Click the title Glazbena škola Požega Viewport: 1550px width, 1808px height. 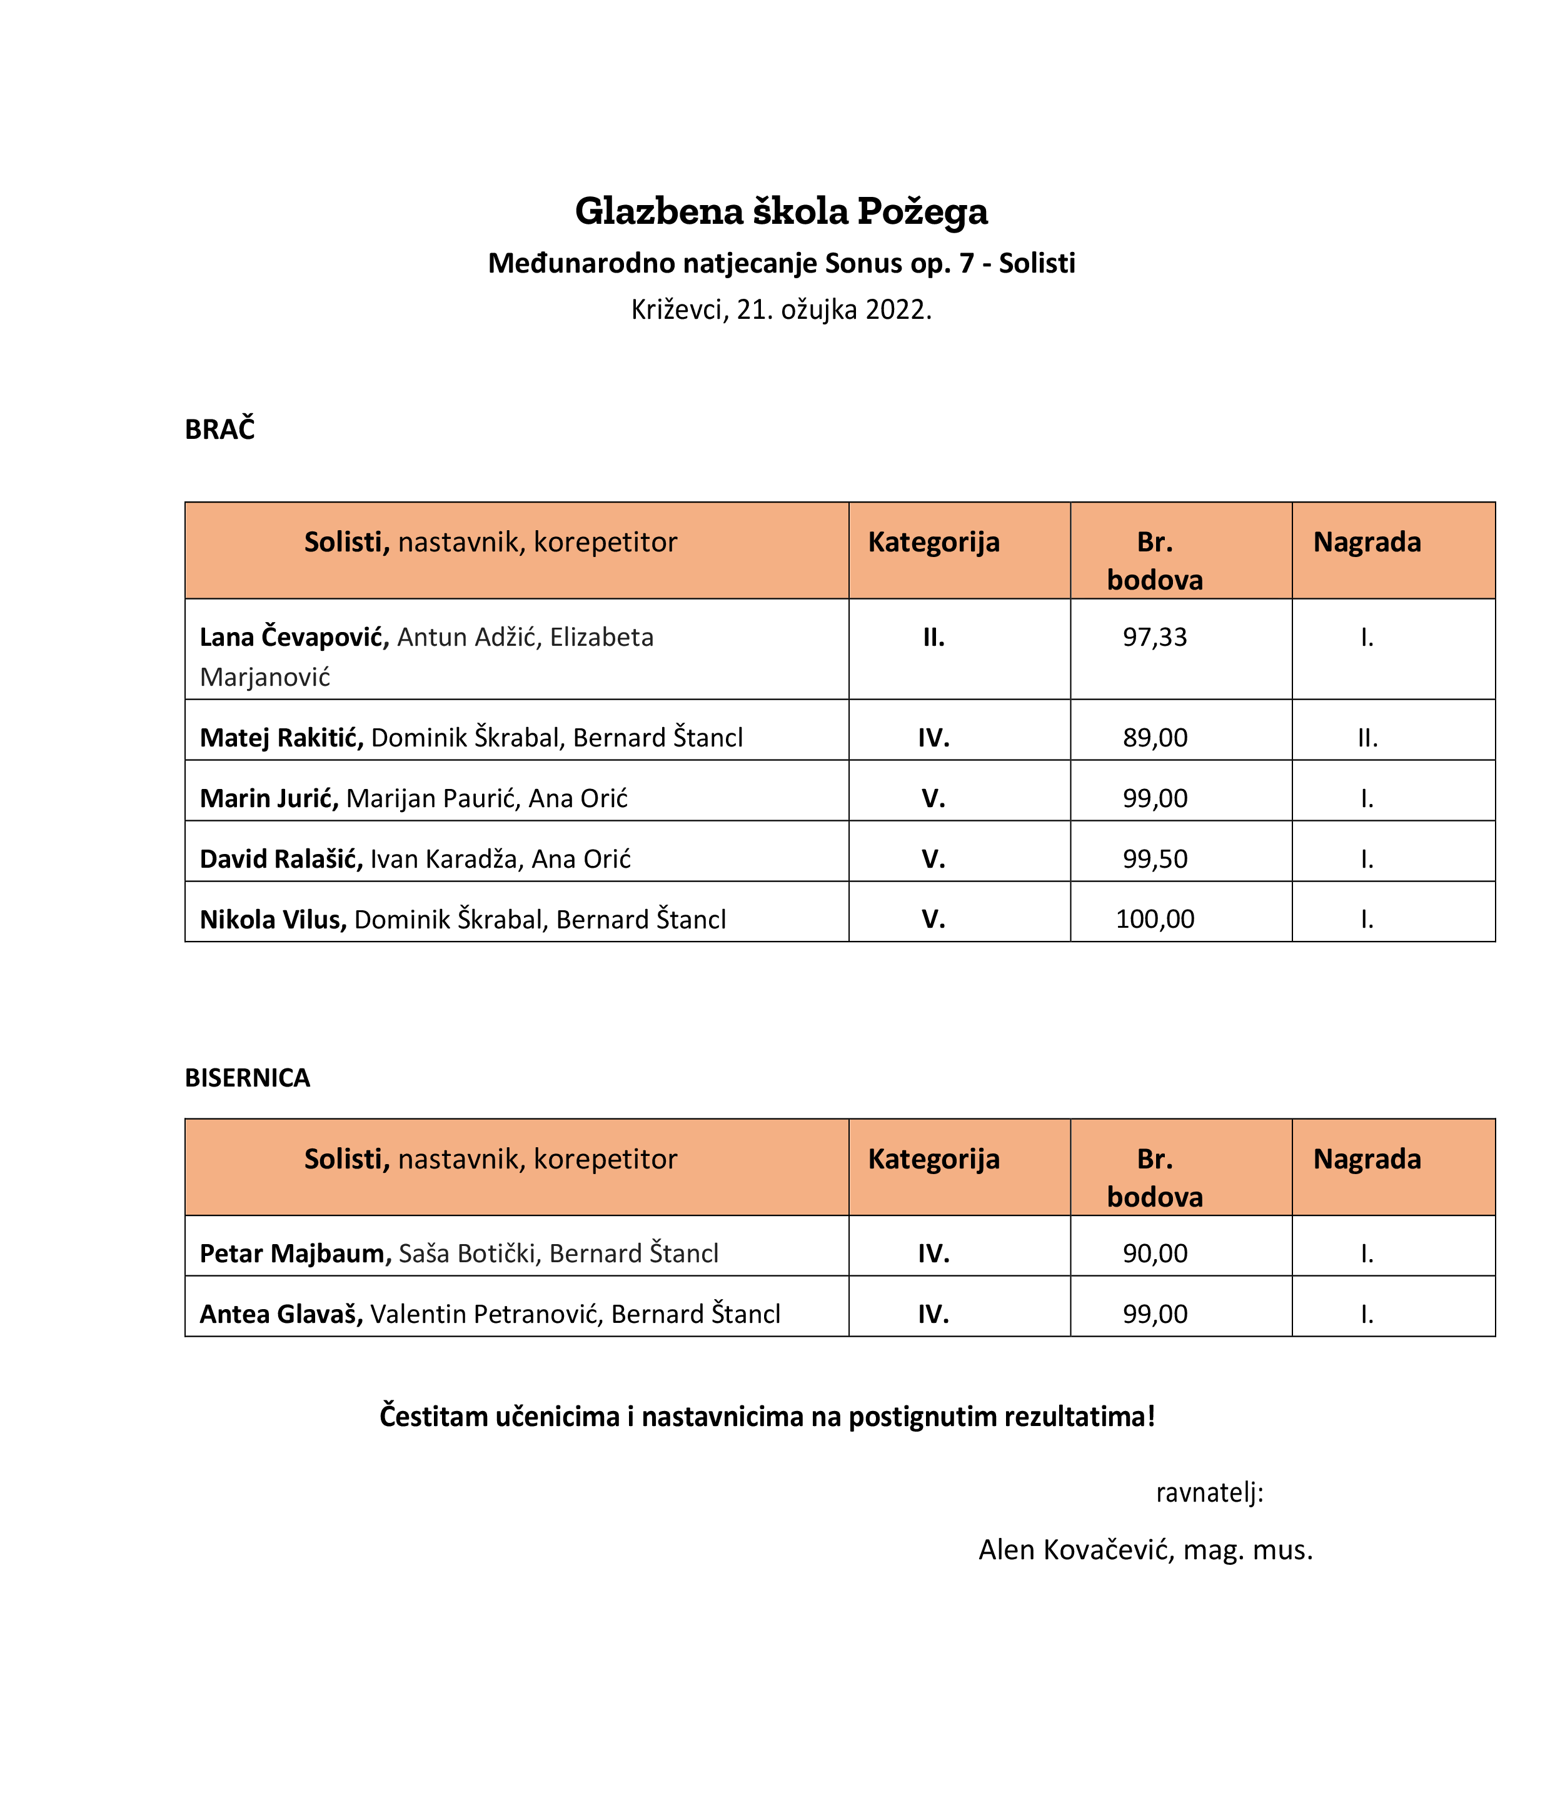point(780,211)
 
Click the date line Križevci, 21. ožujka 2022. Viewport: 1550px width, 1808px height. point(780,309)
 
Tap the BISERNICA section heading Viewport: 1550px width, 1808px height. point(247,1078)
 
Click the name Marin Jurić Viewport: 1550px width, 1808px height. point(268,798)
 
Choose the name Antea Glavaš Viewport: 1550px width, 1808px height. point(280,1313)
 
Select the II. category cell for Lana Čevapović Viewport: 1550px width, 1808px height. point(933,637)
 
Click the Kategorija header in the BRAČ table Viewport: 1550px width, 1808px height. point(933,542)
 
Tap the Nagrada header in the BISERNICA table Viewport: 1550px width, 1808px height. point(1367,1159)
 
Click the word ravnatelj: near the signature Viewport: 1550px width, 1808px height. point(1209,1492)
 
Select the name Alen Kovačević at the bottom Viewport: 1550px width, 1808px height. point(1076,1550)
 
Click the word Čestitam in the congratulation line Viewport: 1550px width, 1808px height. point(433,1415)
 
